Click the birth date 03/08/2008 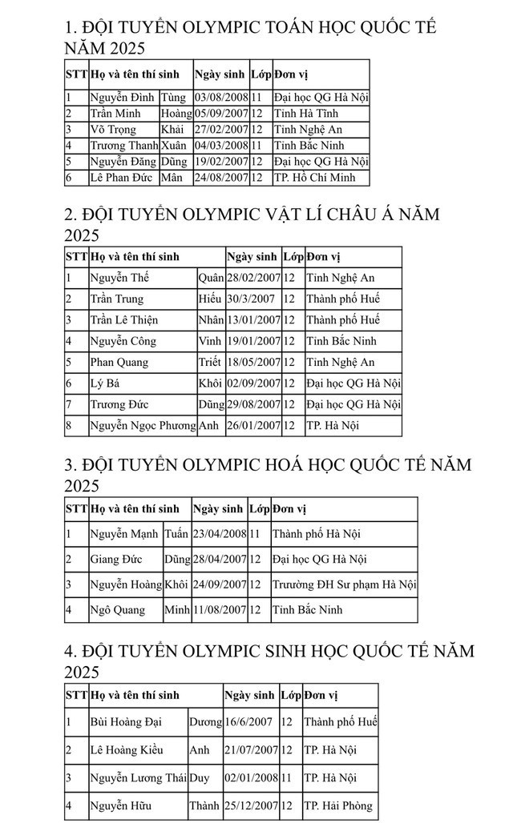221,98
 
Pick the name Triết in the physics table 209,362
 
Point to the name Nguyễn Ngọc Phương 142,425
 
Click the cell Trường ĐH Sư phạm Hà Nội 344,584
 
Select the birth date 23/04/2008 219,533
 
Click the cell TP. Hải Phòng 337,806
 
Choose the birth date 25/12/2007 251,806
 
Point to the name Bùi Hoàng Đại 126,722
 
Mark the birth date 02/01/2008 251,777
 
